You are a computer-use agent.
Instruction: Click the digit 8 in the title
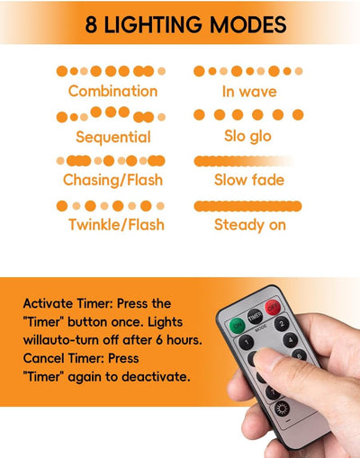[92, 24]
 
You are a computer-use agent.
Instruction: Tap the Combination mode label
[112, 91]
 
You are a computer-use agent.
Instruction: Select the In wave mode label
[249, 92]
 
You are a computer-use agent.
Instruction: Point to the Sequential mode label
[113, 138]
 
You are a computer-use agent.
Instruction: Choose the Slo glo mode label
[247, 136]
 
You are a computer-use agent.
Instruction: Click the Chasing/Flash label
[112, 180]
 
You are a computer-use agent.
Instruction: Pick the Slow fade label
[249, 180]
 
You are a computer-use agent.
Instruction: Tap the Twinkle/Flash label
[116, 225]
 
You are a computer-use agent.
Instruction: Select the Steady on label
[250, 225]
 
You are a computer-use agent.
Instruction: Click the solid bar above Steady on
[247, 206]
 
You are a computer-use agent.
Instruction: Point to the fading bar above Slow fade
[245, 161]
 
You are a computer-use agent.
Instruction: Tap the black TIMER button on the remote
[255, 316]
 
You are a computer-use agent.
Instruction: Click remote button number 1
[247, 342]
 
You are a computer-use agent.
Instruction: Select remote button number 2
[282, 324]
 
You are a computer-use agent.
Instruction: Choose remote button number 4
[291, 340]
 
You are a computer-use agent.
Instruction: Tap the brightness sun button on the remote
[282, 409]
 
